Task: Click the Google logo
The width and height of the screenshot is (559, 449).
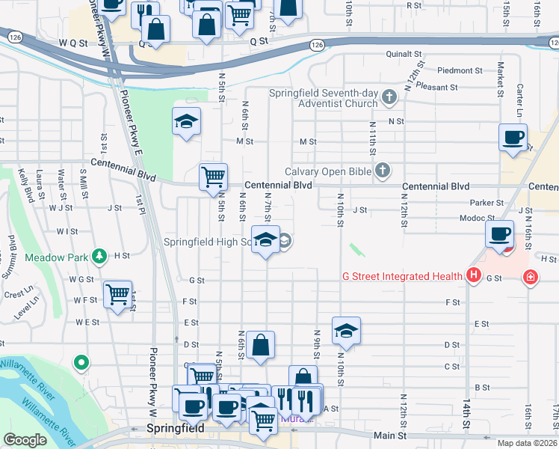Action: point(25,440)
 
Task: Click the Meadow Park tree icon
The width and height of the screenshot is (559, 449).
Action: point(99,257)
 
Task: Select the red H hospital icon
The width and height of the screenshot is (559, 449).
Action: point(472,276)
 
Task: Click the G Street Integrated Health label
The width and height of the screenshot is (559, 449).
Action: point(402,277)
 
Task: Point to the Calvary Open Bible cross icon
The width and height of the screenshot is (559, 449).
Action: point(383,171)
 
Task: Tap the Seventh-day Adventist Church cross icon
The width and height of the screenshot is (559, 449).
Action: point(389,97)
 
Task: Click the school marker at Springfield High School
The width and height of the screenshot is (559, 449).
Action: point(265,239)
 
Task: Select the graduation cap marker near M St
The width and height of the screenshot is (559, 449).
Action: point(186,122)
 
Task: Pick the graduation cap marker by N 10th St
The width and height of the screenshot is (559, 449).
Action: point(346,329)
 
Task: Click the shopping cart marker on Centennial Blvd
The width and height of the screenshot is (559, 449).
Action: point(214,177)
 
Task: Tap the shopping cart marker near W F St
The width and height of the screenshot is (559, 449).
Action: point(118,294)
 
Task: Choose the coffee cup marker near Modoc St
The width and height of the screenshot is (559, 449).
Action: point(499,233)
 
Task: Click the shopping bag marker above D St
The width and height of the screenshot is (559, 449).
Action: point(260,345)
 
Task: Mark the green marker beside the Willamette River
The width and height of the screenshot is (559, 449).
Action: point(81,364)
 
